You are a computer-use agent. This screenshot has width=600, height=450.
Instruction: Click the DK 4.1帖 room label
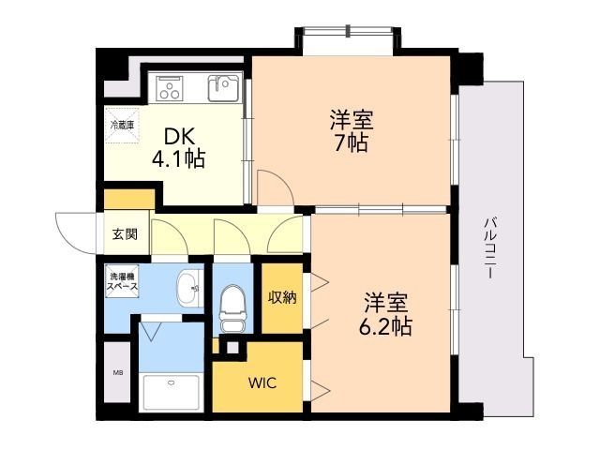(178, 146)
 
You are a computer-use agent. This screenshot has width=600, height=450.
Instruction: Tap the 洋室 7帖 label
(350, 131)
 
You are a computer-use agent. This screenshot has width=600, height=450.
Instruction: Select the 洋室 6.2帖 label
(386, 315)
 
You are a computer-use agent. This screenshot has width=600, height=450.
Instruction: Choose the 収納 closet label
(282, 298)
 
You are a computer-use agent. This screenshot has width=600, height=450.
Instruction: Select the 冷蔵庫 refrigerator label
(123, 124)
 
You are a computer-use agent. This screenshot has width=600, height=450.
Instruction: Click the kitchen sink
(224, 89)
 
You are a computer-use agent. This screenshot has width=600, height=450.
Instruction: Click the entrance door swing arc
(78, 230)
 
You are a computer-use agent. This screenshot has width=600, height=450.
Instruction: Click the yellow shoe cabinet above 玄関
(129, 200)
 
